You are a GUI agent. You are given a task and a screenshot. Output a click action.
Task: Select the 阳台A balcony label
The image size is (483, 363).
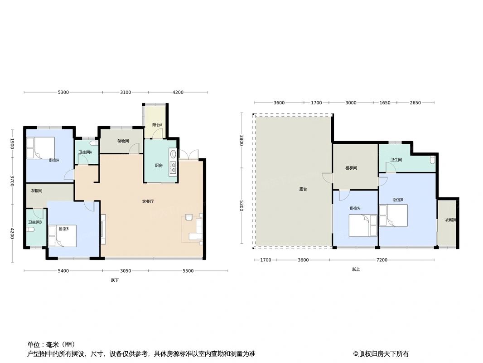(157, 125)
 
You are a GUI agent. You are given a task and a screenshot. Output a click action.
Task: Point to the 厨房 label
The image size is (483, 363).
(158, 166)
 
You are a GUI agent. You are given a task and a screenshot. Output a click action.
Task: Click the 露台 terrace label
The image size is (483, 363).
(303, 189)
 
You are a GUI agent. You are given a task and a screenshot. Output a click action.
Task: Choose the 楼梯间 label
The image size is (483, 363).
(351, 168)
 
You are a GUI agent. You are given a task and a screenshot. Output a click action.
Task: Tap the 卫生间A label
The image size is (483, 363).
(85, 152)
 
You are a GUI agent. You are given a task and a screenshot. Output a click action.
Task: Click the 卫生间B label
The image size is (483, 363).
(35, 222)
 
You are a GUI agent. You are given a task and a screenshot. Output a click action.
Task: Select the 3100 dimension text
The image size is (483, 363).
(126, 93)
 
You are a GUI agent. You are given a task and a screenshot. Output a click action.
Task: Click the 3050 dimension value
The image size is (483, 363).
(126, 271)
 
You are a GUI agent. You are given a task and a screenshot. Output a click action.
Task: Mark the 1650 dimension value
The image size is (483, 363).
(384, 103)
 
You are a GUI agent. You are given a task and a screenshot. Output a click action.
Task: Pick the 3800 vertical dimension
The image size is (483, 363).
(242, 140)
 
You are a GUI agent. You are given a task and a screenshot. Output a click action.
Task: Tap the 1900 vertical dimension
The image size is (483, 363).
(13, 144)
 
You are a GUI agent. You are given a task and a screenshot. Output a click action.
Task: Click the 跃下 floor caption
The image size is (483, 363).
(115, 280)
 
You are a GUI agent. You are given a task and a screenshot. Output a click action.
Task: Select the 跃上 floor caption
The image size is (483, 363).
(356, 270)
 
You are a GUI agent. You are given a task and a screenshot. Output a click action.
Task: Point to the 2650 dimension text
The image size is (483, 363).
(415, 103)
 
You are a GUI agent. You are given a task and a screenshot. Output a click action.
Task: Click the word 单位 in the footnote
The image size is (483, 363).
(34, 344)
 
